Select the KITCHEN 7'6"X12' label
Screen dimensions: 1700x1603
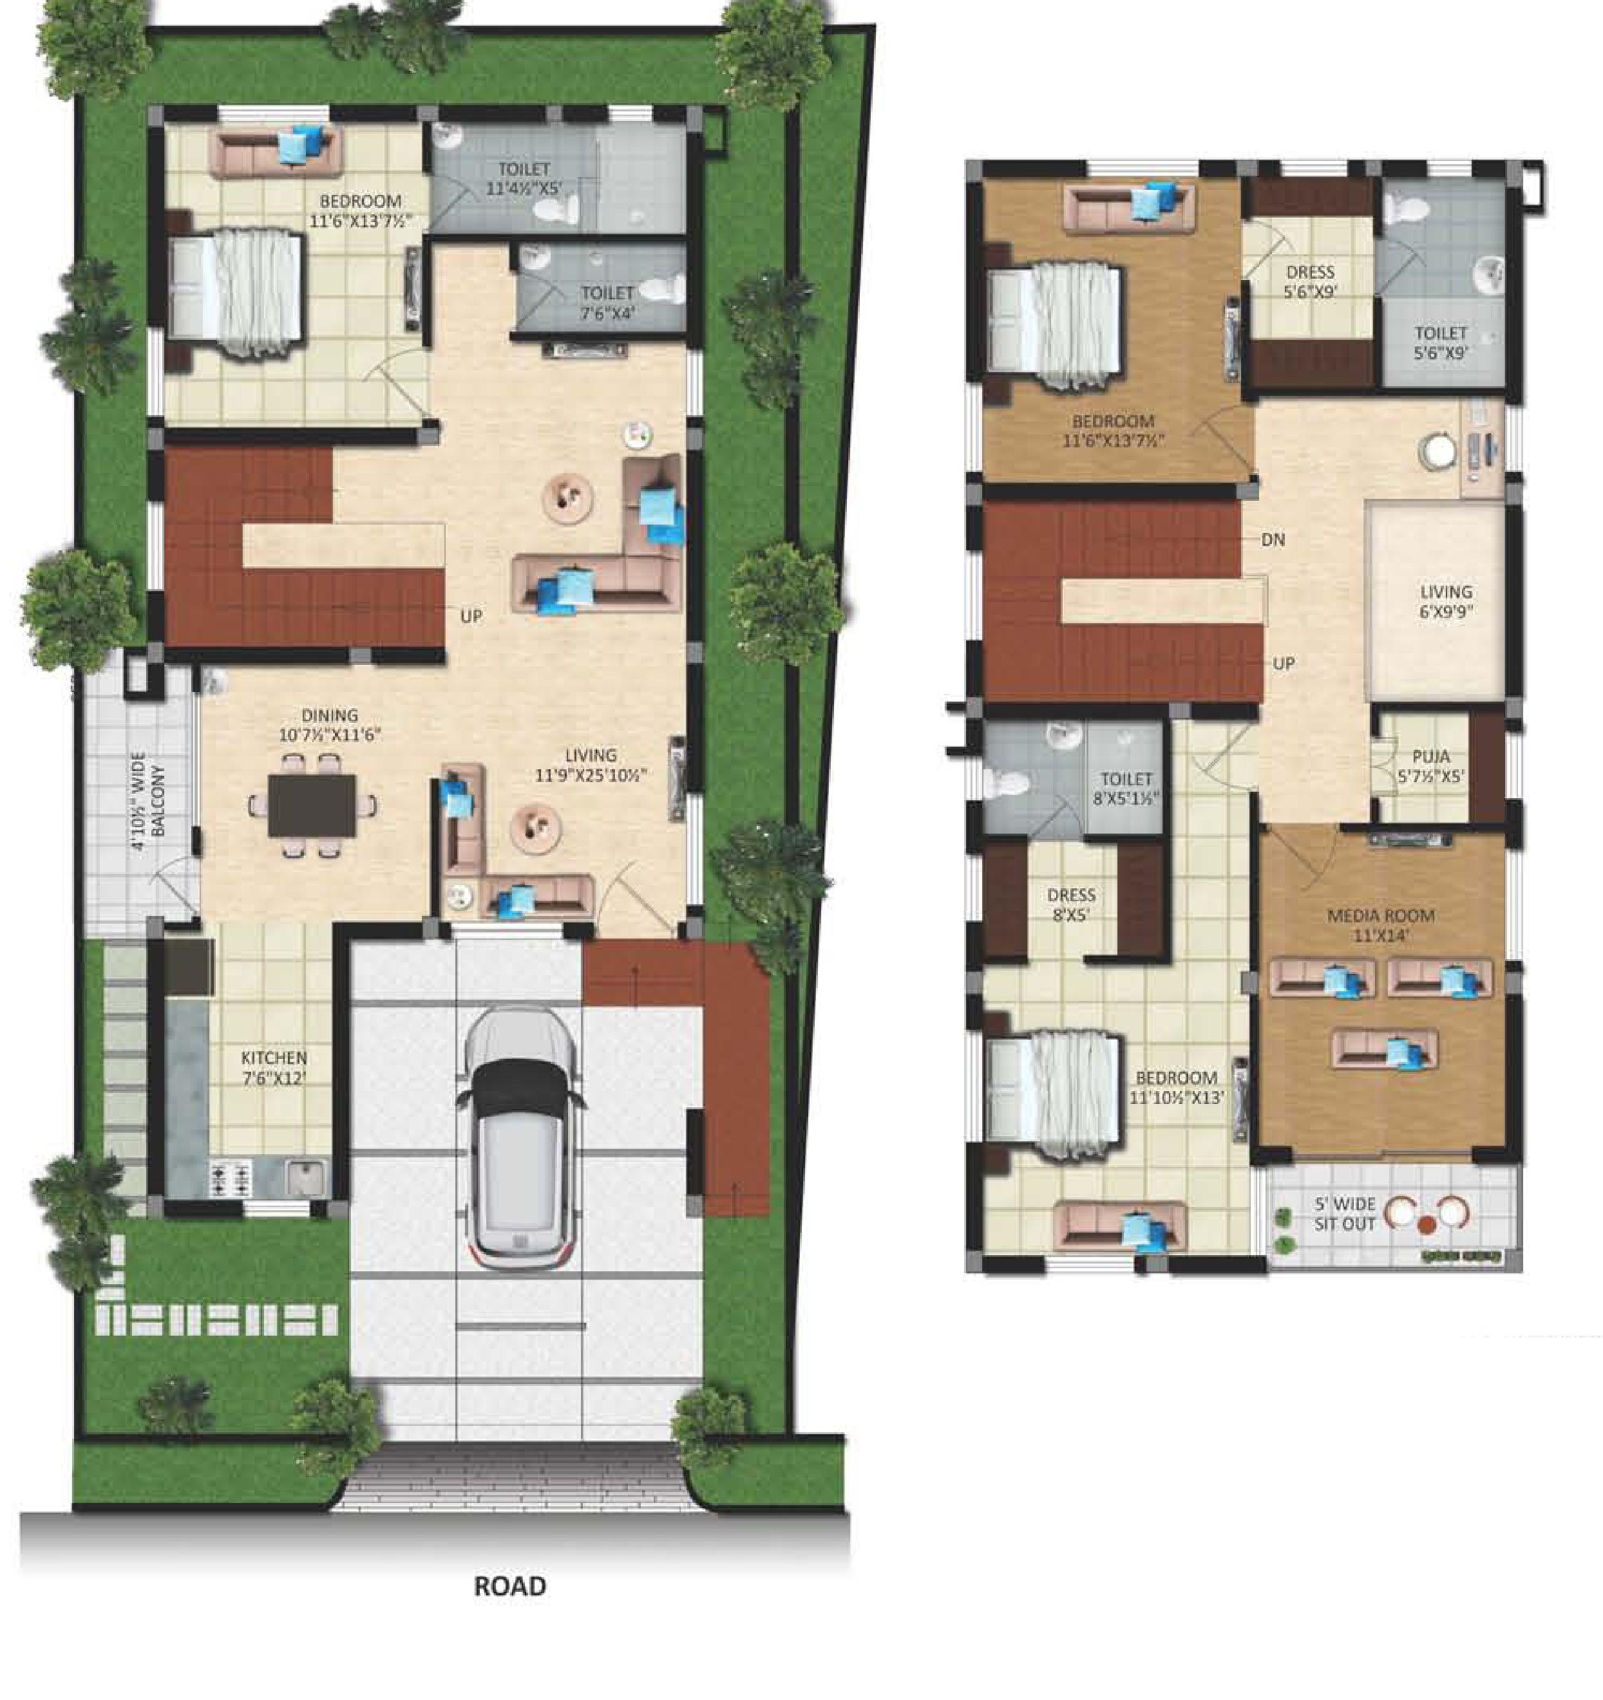(274, 1068)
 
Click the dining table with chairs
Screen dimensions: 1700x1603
(311, 805)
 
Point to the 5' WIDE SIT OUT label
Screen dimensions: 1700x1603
(1345, 1214)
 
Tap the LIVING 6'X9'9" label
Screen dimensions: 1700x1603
(1446, 601)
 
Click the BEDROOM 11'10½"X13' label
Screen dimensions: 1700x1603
(1176, 1087)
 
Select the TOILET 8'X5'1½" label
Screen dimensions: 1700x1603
(1126, 789)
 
